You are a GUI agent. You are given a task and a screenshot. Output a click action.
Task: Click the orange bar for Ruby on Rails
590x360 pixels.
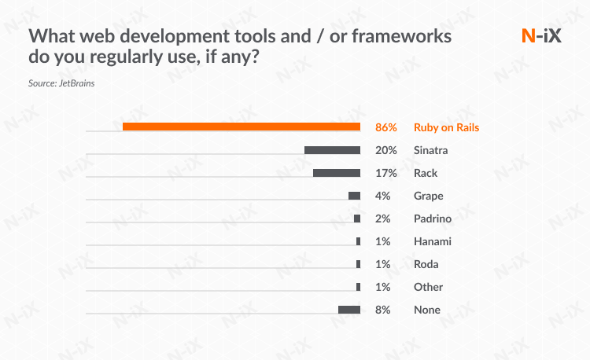coord(242,127)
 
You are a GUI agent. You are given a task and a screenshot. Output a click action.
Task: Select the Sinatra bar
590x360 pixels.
coord(332,150)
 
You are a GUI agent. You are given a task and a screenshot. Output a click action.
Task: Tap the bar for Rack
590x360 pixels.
coord(337,173)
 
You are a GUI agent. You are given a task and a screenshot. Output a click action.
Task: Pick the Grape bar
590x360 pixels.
coord(354,196)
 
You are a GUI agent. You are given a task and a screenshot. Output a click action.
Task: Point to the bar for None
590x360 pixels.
coord(349,310)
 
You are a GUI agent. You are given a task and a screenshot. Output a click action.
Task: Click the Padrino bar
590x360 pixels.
coord(357,219)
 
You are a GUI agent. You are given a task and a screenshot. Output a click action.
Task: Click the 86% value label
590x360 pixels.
coord(386,127)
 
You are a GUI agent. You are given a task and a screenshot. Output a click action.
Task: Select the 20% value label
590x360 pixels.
coord(385,150)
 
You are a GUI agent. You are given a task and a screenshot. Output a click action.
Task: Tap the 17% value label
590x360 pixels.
coord(385,173)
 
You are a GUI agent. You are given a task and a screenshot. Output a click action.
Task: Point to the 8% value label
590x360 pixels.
coord(383,310)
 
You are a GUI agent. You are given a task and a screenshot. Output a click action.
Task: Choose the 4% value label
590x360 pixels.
coord(383,196)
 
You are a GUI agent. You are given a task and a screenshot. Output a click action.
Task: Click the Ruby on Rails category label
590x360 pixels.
coord(446,127)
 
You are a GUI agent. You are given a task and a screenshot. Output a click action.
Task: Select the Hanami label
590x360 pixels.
coord(433,241)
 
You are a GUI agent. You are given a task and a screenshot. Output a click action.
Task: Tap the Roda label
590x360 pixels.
coord(426,264)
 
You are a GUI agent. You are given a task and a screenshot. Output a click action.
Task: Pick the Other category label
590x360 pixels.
coord(429,287)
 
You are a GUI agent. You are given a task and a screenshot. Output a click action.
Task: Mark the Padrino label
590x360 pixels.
coord(433,219)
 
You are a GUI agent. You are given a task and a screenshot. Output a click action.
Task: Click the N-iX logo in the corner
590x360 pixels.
coord(542,36)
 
